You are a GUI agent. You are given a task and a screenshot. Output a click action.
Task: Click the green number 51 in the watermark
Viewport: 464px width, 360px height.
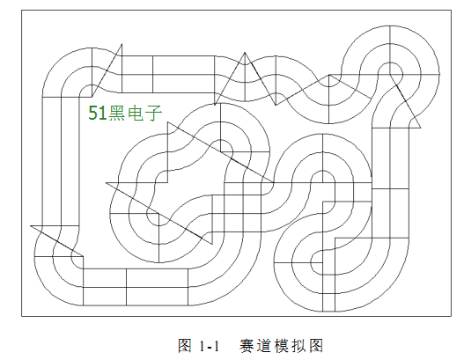coord(98,113)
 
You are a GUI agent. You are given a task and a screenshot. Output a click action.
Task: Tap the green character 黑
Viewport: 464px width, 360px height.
coord(117,113)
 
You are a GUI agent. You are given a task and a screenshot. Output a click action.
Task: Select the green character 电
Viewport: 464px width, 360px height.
coord(136,113)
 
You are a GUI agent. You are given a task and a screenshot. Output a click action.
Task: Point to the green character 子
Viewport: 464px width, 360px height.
coord(153,113)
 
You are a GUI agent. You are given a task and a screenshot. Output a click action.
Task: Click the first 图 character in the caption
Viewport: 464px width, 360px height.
coord(185,346)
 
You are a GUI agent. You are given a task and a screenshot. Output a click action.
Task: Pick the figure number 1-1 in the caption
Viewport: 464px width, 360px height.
coord(210,346)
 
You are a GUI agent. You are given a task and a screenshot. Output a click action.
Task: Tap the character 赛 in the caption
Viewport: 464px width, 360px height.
coord(247,346)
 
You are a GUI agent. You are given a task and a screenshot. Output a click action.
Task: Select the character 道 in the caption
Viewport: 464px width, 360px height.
coord(264,346)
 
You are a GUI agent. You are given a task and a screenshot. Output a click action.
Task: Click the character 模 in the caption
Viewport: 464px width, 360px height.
coord(282,346)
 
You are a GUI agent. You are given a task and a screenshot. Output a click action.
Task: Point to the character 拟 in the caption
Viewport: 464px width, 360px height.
coord(298,346)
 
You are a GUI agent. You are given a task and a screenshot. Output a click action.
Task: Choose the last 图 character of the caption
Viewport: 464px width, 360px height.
coord(316,346)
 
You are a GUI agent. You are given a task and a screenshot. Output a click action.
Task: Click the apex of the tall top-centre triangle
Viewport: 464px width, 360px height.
coord(245,53)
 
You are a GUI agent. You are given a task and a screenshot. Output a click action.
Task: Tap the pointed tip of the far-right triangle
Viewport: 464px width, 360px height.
coord(421,128)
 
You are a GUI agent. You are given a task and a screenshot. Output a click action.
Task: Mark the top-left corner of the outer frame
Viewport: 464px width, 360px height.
coord(22,11)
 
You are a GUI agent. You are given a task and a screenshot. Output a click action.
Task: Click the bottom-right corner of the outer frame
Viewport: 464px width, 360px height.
coord(452,316)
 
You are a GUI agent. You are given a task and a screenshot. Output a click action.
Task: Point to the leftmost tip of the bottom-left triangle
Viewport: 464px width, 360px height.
coord(30,225)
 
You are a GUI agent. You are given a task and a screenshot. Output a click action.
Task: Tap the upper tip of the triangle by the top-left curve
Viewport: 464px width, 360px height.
coord(122,44)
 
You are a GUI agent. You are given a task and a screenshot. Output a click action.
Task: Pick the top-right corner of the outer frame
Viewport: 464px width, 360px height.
coord(452,11)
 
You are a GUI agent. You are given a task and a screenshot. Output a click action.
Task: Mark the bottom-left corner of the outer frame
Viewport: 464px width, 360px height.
coord(22,316)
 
